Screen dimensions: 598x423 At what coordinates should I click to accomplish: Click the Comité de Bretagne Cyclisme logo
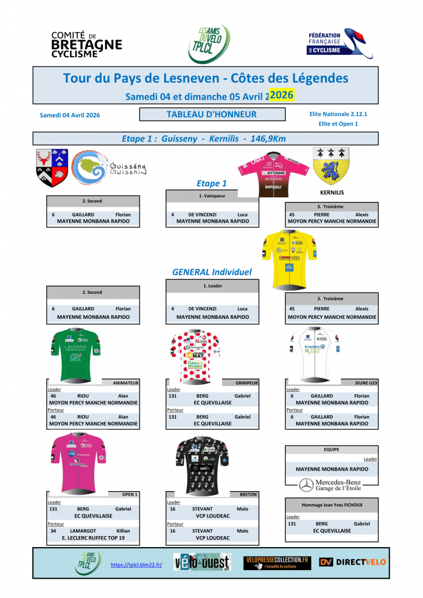(x=86, y=44)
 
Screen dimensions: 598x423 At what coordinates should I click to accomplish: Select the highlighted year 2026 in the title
(x=282, y=94)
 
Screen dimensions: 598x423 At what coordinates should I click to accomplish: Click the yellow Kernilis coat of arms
(x=331, y=165)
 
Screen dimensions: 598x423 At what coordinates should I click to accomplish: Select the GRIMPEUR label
(x=245, y=383)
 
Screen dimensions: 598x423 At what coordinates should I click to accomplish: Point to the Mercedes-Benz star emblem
(x=306, y=485)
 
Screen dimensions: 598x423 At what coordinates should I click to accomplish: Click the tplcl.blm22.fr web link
(x=136, y=565)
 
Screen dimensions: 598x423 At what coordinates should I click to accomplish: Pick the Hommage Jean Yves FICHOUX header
(x=331, y=504)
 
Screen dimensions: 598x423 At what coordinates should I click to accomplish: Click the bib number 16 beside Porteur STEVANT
(x=173, y=531)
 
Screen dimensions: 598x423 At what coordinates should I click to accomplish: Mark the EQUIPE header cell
(x=331, y=450)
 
